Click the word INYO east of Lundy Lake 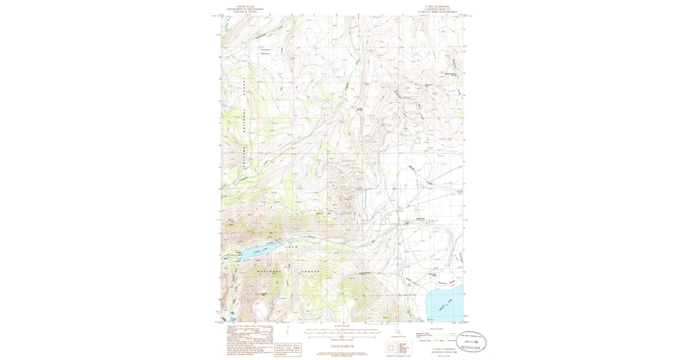292,246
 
